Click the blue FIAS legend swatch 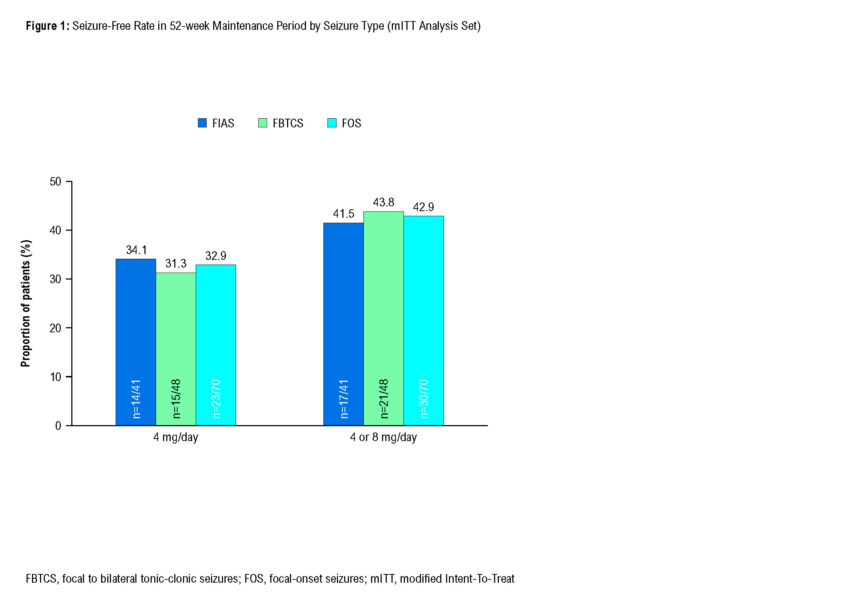202,123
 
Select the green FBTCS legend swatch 262,123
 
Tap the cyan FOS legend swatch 332,123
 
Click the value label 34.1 136,250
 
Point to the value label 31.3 176,264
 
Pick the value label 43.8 383,202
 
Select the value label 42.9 423,207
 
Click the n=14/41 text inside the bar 136,399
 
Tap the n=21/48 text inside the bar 384,399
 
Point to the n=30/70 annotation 424,399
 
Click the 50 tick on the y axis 55,182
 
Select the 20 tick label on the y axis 55,328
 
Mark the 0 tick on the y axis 58,426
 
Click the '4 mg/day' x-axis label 176,437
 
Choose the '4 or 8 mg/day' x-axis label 383,437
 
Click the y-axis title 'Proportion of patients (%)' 26,304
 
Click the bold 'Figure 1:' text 47,26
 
